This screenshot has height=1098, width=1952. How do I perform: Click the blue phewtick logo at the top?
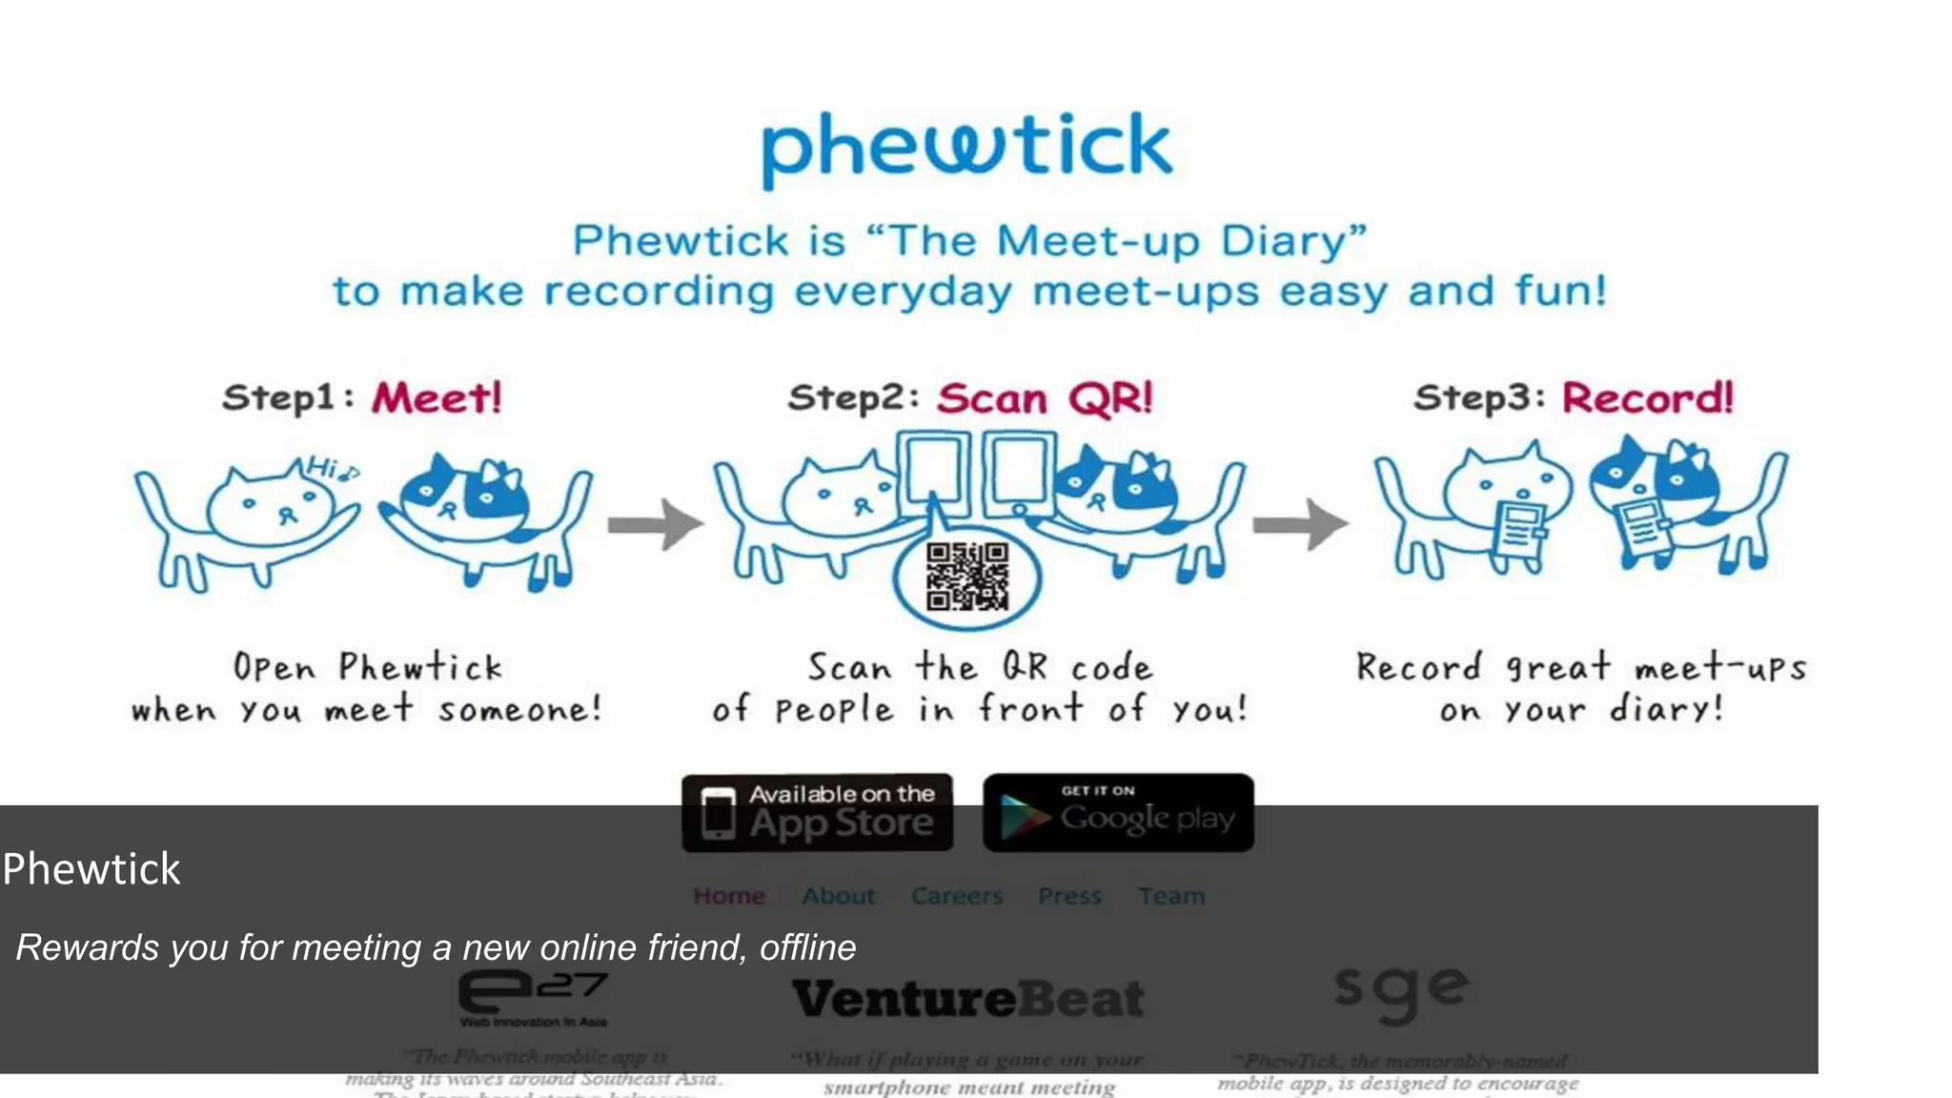click(966, 148)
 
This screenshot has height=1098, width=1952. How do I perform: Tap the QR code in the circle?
click(966, 577)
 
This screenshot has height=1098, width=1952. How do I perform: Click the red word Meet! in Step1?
click(437, 397)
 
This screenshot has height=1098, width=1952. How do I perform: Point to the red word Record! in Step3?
click(1647, 397)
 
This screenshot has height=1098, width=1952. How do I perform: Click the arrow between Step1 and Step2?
click(655, 524)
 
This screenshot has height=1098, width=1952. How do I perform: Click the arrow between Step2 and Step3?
click(1300, 524)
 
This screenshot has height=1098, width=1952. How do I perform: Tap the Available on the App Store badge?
click(817, 813)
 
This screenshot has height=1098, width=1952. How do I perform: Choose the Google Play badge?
click(1118, 813)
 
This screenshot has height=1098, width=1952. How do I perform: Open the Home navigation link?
click(729, 896)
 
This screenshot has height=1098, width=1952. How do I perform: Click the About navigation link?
click(838, 896)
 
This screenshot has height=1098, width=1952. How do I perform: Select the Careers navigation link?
click(957, 896)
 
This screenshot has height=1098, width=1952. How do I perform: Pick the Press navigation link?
click(1069, 896)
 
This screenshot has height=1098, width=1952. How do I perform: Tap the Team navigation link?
click(1171, 896)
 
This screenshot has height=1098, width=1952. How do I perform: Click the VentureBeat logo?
click(967, 999)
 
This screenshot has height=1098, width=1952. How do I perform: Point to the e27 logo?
click(533, 996)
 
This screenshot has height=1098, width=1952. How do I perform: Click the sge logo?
click(1400, 991)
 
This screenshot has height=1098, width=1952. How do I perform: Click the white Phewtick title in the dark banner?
click(91, 869)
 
